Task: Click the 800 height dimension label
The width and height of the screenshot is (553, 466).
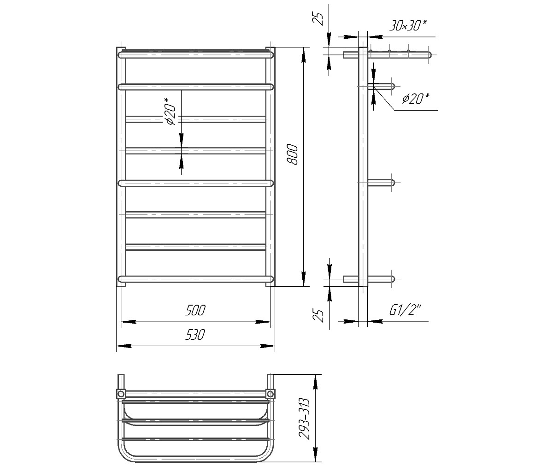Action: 292,154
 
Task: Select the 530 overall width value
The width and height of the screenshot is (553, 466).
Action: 195,335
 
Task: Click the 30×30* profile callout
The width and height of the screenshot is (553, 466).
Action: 408,25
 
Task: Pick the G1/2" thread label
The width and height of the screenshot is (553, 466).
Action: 405,310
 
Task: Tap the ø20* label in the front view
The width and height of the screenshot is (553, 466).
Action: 170,111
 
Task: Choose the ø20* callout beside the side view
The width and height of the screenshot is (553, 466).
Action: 416,99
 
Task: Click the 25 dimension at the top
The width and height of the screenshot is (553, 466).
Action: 319,19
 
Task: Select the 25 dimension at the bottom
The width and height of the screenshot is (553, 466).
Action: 319,316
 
